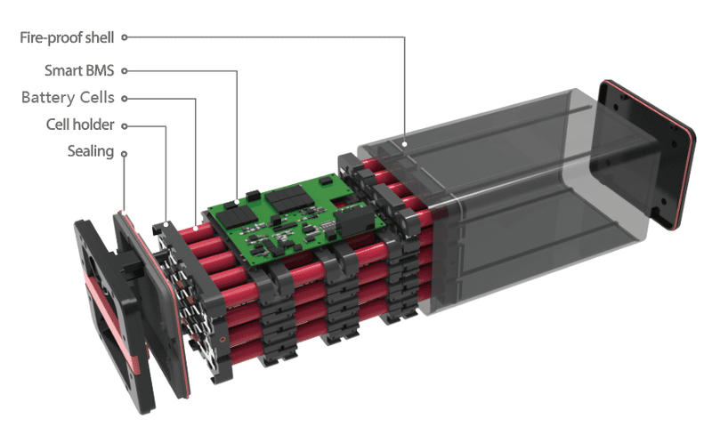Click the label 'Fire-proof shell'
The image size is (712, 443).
click(67, 37)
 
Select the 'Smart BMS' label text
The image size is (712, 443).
click(79, 71)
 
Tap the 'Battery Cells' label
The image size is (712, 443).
click(68, 98)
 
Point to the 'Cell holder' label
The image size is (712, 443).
click(80, 125)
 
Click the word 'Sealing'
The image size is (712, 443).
click(91, 151)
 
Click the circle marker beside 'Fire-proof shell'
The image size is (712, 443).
click(124, 37)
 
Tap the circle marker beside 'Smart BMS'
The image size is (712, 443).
click(124, 71)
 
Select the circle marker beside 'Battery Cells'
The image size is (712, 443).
click(124, 99)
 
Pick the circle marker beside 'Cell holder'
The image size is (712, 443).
click(124, 126)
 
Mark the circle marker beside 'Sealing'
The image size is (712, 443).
click(124, 154)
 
